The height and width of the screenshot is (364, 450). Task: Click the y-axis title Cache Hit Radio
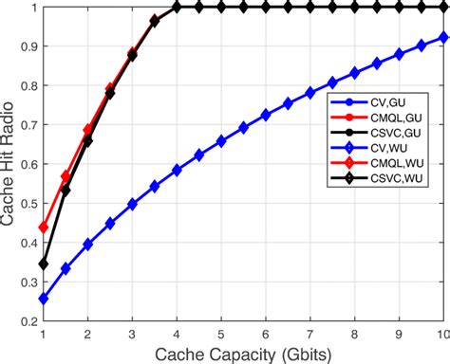coord(10,166)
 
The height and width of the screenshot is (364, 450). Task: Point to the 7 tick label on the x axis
coord(309,335)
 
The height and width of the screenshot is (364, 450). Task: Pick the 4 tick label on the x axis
coord(177,335)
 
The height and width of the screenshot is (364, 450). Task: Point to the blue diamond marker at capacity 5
coord(220,141)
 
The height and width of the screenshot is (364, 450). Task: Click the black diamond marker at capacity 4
coord(177,7)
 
